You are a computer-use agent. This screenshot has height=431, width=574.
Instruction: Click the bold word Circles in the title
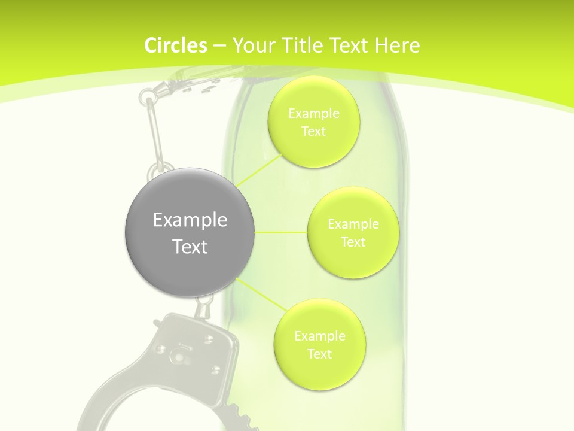pos(176,45)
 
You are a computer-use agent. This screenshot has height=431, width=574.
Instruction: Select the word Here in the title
pos(398,45)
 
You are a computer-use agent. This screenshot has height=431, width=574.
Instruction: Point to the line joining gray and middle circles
pos(281,232)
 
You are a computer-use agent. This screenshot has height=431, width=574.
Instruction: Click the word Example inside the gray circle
pos(190,220)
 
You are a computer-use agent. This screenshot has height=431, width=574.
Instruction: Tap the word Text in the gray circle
pos(190,247)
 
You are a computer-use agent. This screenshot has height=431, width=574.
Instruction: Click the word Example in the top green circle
pos(313,114)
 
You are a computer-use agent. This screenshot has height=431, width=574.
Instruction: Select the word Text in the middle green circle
pos(353,242)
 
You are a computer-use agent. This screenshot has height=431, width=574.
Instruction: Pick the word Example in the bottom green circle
pos(319,336)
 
